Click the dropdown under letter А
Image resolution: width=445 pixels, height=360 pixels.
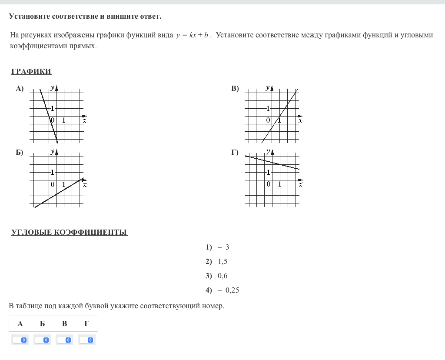click(20, 340)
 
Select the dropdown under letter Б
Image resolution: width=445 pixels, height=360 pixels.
click(43, 340)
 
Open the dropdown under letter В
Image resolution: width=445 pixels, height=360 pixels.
click(64, 340)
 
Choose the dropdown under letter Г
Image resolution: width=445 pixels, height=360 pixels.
click(86, 340)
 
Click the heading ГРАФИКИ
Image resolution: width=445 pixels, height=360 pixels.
click(31, 72)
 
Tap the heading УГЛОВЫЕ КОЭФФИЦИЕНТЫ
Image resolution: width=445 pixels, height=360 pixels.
click(69, 232)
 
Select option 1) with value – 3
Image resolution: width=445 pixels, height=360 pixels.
click(218, 247)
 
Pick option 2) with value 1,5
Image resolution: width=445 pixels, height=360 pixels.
click(217, 262)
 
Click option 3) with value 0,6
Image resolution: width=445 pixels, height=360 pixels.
click(217, 276)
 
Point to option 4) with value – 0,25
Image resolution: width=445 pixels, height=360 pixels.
click(222, 290)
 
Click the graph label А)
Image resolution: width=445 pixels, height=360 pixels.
click(20, 89)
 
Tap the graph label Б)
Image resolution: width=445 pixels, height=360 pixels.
click(20, 153)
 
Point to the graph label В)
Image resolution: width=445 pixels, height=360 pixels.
click(235, 89)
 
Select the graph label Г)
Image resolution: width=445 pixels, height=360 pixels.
click(235, 153)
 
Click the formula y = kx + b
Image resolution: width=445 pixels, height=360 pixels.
click(193, 35)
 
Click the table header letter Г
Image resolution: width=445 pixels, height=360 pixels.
click(86, 323)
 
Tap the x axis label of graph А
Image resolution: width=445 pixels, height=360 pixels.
click(85, 120)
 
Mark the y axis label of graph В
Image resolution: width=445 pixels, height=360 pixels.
click(268, 88)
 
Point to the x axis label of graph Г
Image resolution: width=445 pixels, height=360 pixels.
click(301, 184)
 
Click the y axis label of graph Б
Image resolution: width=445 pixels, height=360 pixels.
click(52, 152)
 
